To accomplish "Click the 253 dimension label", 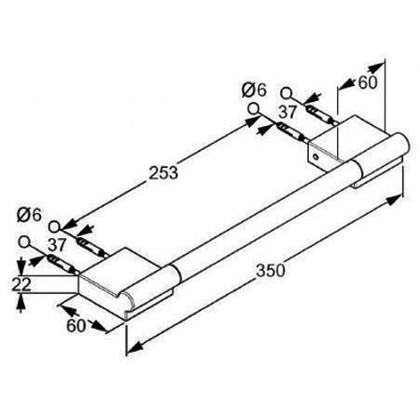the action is tap(163, 173).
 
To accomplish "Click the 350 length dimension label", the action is tap(271, 270).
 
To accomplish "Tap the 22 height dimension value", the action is tap(21, 284).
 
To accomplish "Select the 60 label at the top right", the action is tap(368, 83).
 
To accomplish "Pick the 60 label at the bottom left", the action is tap(76, 326).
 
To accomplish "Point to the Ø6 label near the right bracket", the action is tap(255, 90).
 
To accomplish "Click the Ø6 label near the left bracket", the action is tap(29, 215).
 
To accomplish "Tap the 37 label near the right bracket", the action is tap(287, 112).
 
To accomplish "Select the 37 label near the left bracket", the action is tap(57, 245).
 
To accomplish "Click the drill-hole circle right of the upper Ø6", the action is tap(287, 93).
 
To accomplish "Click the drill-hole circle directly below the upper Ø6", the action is tap(254, 109).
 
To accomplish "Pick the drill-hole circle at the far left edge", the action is tap(24, 242).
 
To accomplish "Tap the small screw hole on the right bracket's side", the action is tap(316, 155).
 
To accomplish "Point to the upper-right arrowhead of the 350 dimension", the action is tap(394, 199).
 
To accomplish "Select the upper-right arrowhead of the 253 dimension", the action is tap(250, 121).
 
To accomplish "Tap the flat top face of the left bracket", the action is tap(119, 270).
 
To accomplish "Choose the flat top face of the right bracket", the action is tap(348, 137).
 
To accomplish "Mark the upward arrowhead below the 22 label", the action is tap(21, 301).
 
